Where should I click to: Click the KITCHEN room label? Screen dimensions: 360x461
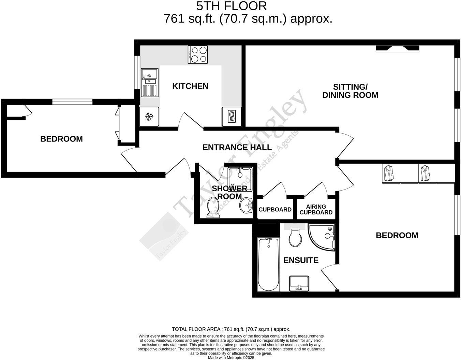(190, 86)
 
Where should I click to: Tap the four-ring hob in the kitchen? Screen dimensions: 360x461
(198, 55)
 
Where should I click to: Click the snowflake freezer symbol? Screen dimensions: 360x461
(149, 117)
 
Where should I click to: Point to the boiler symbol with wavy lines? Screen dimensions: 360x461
(232, 117)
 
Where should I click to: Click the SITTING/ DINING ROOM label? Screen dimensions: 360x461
(350, 91)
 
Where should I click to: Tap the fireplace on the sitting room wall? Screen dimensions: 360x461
(397, 49)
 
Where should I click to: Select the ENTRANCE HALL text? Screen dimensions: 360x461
(237, 147)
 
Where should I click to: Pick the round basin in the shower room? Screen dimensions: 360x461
(246, 205)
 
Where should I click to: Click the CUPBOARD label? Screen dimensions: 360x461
(275, 210)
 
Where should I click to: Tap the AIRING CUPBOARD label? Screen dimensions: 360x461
(316, 210)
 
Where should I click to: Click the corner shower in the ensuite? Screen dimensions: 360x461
(322, 236)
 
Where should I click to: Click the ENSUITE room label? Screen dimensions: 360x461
(301, 260)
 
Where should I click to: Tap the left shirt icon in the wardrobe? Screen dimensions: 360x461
(388, 173)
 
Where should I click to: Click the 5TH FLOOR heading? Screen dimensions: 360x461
(231, 6)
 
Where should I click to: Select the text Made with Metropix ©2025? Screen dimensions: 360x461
(231, 358)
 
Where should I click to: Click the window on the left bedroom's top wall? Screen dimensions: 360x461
(72, 101)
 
